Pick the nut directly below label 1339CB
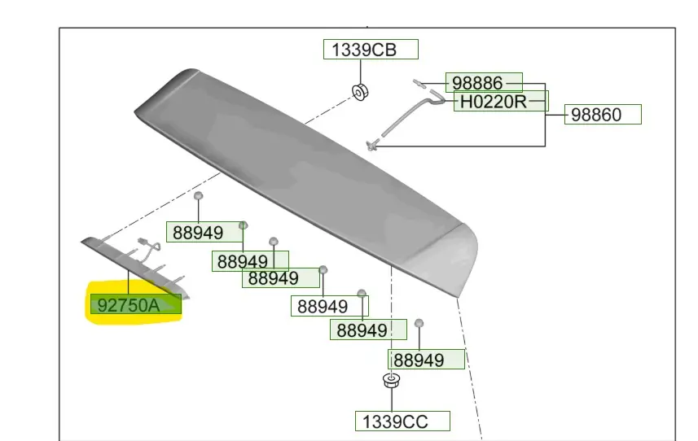(360, 92)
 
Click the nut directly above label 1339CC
(391, 381)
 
